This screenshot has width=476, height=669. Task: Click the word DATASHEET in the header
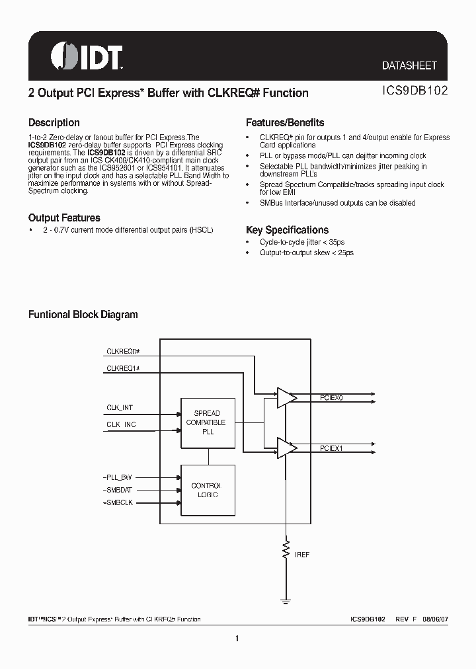409,65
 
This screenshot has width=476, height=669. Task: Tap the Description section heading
54,123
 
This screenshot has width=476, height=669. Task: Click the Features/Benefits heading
285,123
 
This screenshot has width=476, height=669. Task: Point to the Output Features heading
64,218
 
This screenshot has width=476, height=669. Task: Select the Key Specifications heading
287,230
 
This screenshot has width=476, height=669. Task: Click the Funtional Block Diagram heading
83,315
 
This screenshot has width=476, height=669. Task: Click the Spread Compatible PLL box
208,422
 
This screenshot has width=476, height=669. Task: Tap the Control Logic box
208,490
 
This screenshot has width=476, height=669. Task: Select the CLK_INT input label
120,408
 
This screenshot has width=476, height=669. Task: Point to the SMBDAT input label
119,490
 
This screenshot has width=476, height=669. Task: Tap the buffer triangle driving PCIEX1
286,449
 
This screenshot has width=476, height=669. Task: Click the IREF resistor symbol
286,548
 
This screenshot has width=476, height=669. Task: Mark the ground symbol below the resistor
286,600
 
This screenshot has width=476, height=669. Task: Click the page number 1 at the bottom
237,639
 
